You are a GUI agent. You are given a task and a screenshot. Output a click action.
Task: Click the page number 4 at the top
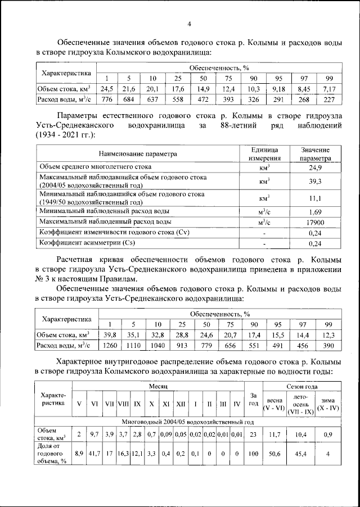(189, 24)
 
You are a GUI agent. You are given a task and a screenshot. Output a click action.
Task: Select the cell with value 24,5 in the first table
(107, 89)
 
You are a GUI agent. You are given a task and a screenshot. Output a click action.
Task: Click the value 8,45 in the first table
(304, 89)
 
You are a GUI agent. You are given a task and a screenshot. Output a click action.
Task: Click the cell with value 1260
(107, 346)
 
